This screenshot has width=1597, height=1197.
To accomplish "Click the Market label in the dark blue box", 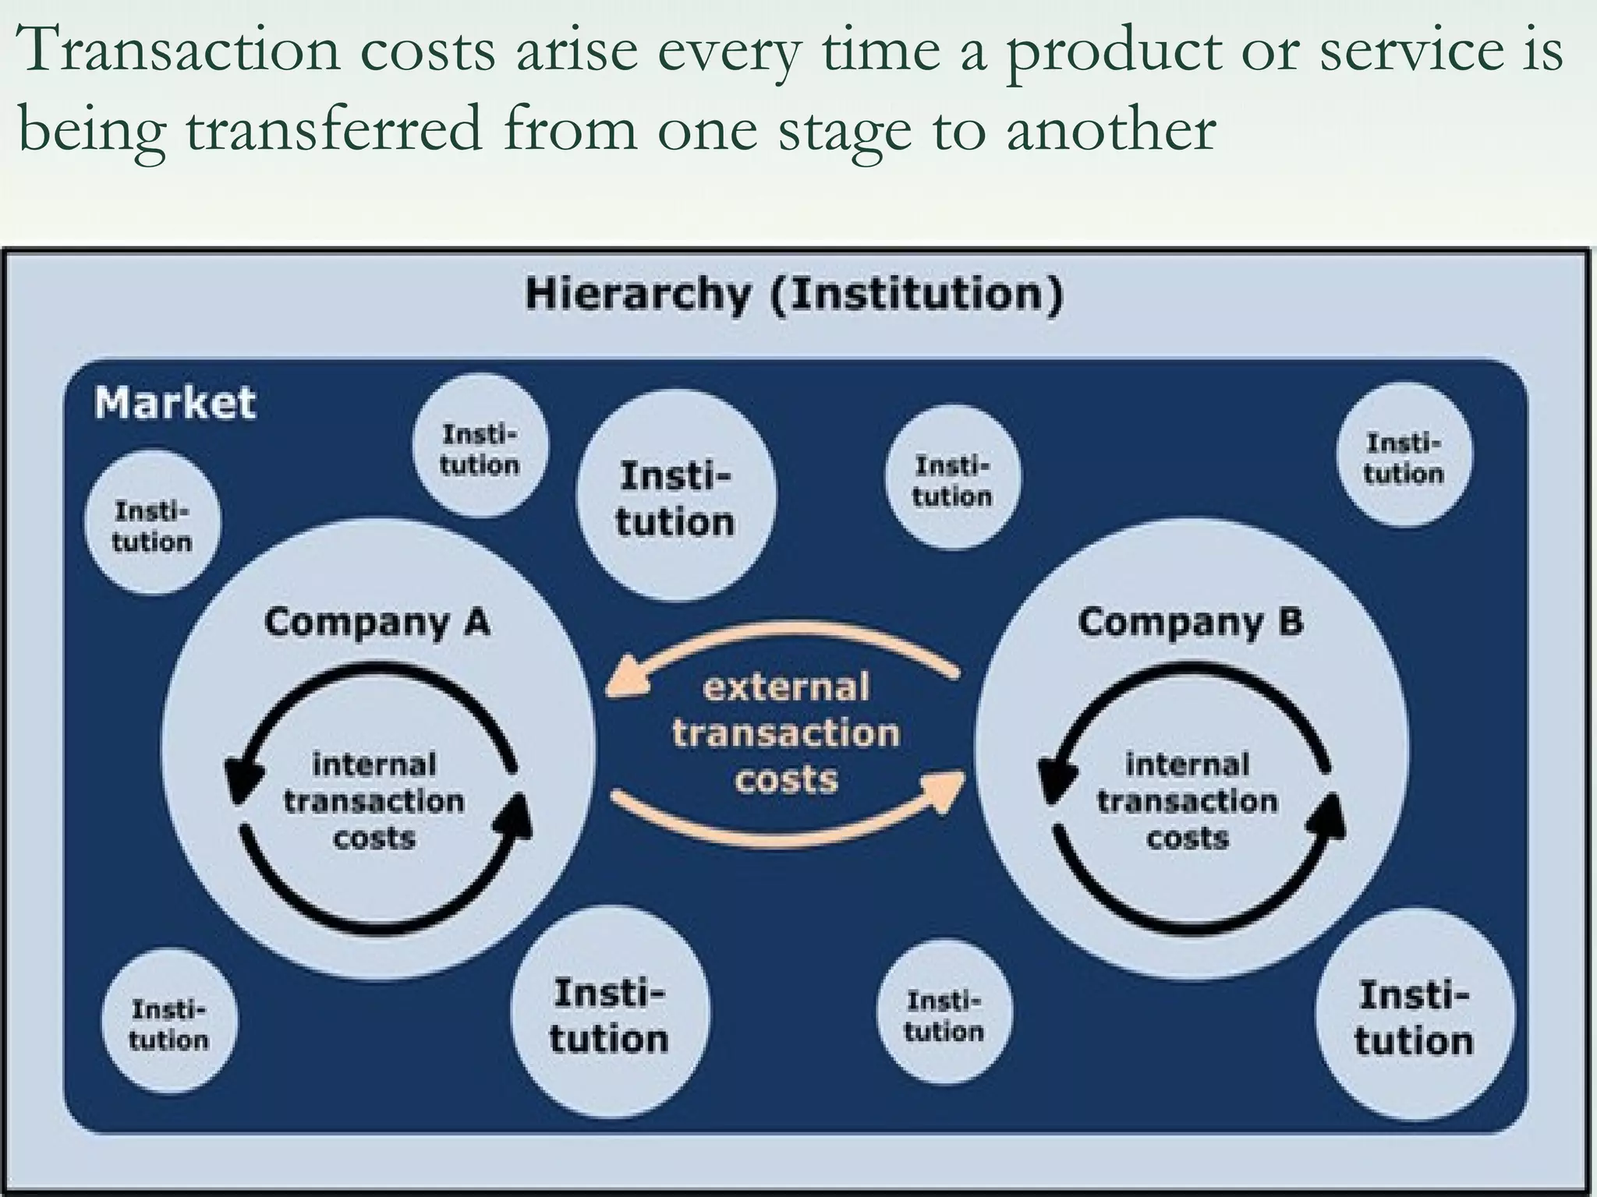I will point(175,403).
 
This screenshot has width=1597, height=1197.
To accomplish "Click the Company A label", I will point(377,623).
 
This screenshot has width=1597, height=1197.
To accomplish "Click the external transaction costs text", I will point(786,733).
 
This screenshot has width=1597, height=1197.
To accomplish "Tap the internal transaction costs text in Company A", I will point(374,801).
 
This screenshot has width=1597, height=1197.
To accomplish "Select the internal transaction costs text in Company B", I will point(1187,801).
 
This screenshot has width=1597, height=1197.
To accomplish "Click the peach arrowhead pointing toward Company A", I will point(629,677).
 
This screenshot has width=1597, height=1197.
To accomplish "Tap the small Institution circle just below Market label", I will point(152,526).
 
